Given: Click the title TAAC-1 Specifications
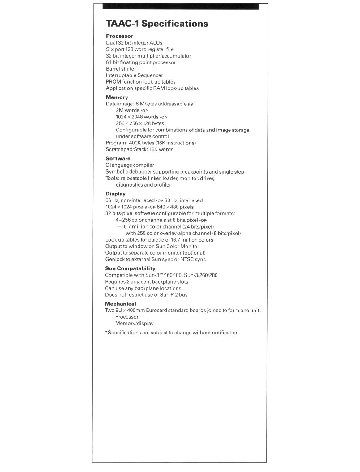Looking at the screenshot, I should tap(157, 24).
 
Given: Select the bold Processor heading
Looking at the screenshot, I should tap(119, 36).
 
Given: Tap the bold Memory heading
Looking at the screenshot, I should tap(117, 97).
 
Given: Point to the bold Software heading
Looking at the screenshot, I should tap(118, 158).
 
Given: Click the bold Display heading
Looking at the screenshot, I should tap(115, 194).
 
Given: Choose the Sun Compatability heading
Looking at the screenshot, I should tap(130, 268).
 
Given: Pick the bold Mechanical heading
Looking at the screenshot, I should tap(120, 304).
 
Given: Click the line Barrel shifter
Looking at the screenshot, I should tap(121, 69).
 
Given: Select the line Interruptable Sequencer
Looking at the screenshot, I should tap(134, 75).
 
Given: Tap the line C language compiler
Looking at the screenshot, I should tap(130, 165).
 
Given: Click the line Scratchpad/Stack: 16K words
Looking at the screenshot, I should tap(139, 149).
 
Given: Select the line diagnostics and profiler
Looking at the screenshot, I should tap(143, 185).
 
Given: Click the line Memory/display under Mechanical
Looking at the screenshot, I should tap(134, 323).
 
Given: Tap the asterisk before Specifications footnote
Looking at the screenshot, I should tap(106, 332).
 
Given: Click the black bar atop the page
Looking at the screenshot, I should tap(181, 6).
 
